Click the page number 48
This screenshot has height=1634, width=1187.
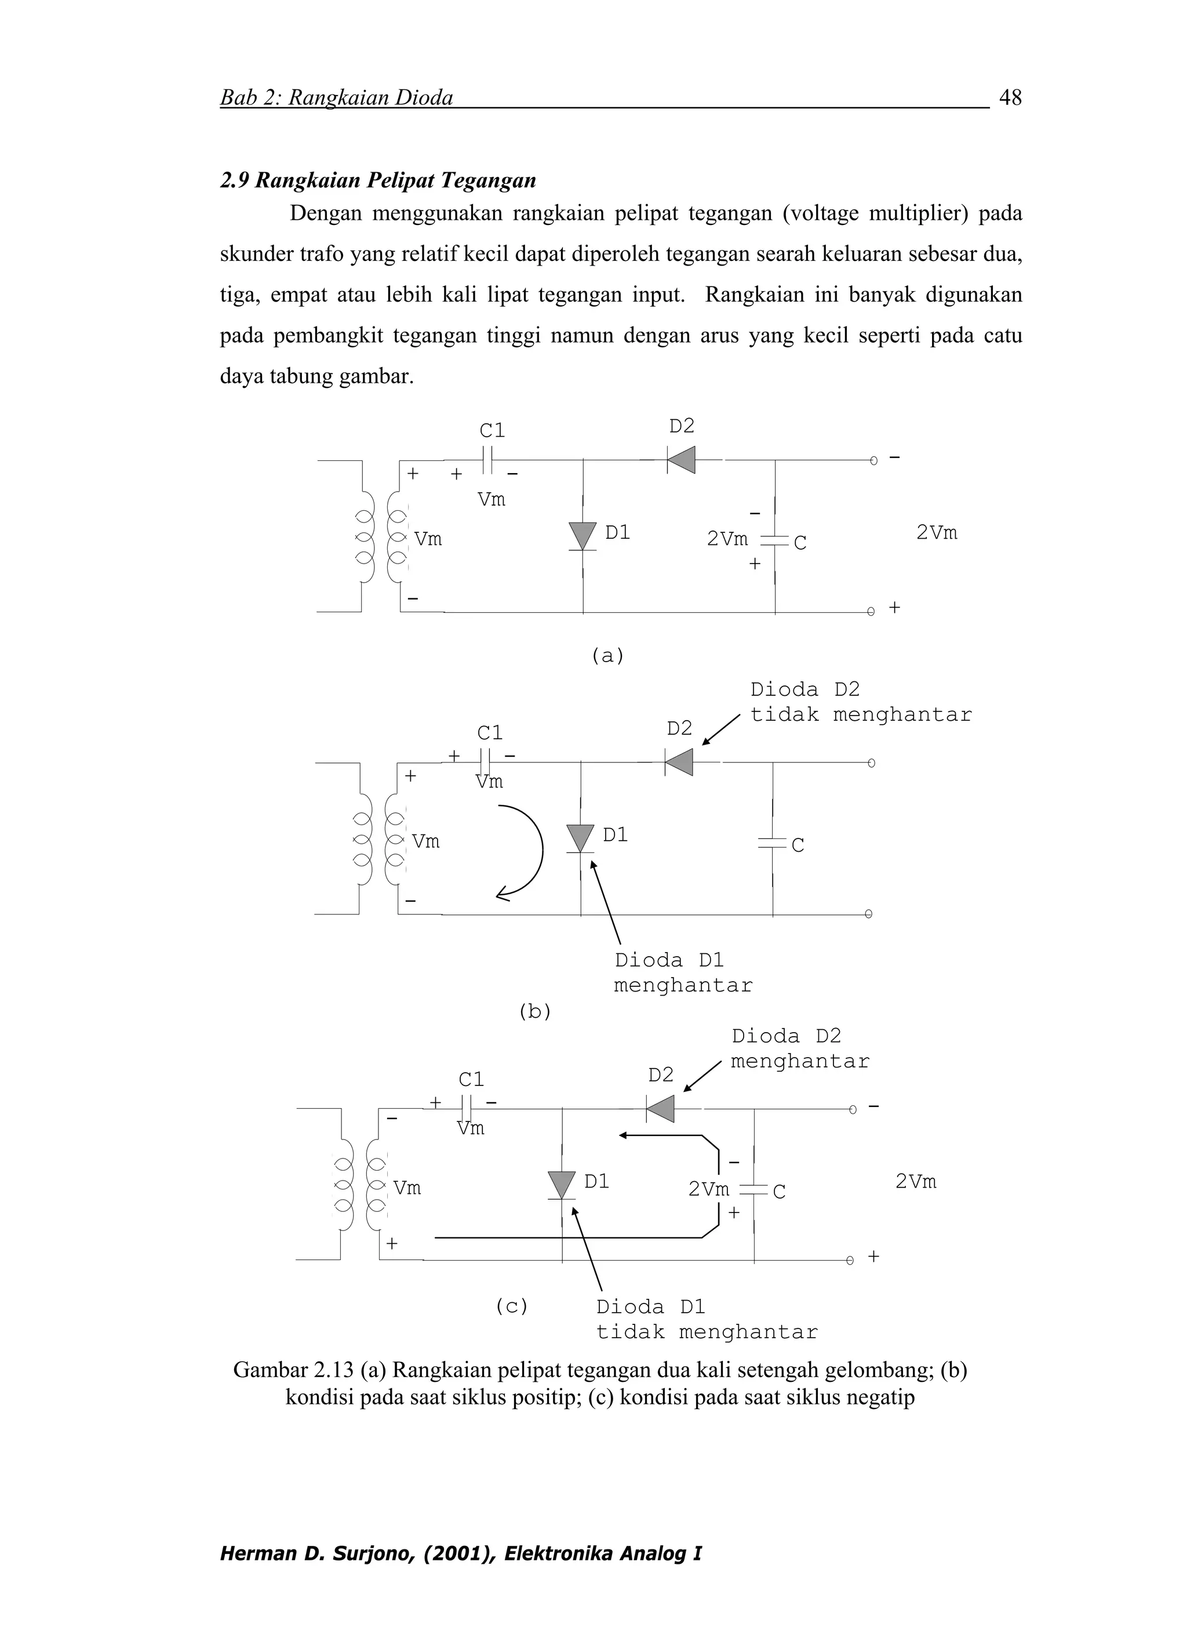(1010, 97)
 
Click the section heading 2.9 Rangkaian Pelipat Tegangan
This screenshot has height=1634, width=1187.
(378, 180)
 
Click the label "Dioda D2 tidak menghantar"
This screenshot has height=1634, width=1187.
(860, 702)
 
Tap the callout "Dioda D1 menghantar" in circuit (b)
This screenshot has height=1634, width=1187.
(682, 972)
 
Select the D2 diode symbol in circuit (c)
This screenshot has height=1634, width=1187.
(661, 1109)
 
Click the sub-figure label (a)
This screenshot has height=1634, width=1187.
(607, 656)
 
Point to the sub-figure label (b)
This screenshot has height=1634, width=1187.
(534, 1011)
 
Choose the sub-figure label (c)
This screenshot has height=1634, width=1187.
(511, 1306)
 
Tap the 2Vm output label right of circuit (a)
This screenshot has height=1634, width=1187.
(937, 533)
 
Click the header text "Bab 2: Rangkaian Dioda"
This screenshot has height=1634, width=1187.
(336, 98)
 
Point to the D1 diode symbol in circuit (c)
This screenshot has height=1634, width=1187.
(562, 1185)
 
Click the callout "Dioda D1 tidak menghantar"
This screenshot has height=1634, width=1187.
(707, 1320)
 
